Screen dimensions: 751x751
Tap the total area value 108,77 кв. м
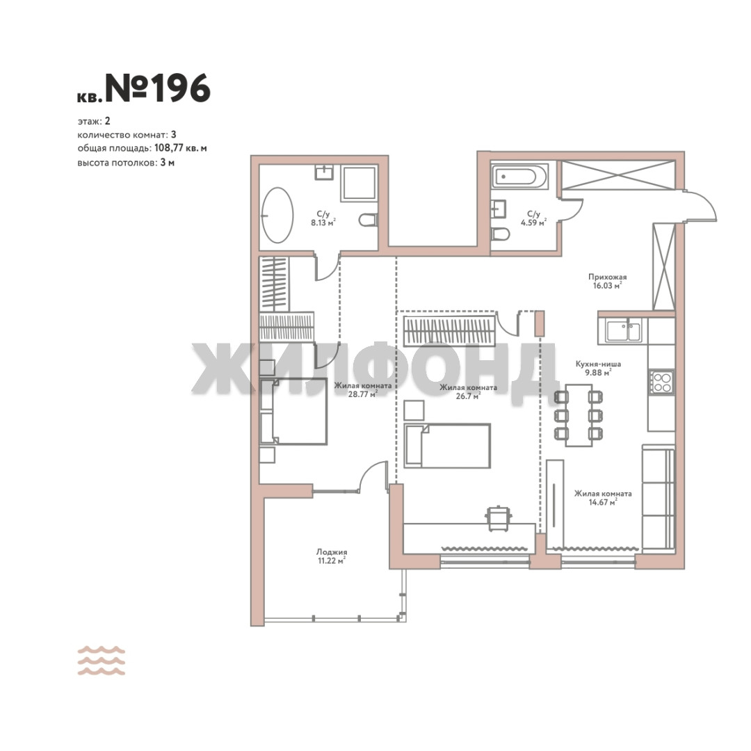pos(181,148)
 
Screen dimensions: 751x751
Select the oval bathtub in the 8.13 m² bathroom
pos(277,215)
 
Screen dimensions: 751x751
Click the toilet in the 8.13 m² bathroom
pos(368,220)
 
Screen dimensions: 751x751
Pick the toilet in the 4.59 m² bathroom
pos(501,234)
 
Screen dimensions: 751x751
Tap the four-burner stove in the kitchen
pos(662,382)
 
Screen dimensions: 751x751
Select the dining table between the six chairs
pos(579,414)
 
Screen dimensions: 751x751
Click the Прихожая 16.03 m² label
pos(607,281)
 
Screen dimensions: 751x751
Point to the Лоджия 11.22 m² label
pos(332,556)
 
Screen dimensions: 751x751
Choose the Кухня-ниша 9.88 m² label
pos(598,368)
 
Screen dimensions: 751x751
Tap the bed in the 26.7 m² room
pos(447,446)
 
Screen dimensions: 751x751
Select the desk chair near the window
pos(499,518)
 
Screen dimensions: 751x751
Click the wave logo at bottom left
pos(102,661)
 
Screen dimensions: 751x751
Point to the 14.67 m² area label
pos(602,502)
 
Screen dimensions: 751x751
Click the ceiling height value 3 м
pos(167,162)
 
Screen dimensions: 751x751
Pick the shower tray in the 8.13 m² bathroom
pos(358,184)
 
